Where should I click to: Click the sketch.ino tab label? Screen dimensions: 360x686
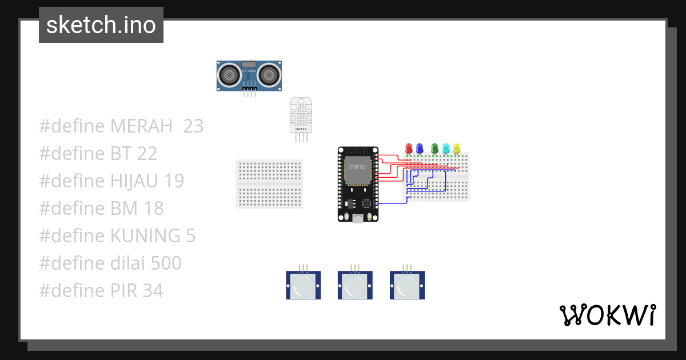pyautogui.click(x=101, y=25)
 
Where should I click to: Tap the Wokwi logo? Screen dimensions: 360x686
pyautogui.click(x=607, y=315)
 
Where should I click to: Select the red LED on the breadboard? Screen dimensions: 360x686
pyautogui.click(x=408, y=149)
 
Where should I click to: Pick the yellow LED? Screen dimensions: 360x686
pyautogui.click(x=456, y=149)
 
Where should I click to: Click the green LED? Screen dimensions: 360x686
pyautogui.click(x=434, y=149)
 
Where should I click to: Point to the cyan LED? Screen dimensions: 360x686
pyautogui.click(x=446, y=149)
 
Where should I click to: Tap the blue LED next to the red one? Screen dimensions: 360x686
pyautogui.click(x=420, y=149)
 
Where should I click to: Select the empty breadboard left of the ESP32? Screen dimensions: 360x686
pyautogui.click(x=269, y=184)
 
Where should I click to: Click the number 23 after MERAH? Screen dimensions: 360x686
pyautogui.click(x=193, y=126)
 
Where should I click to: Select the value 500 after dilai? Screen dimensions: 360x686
pyautogui.click(x=166, y=263)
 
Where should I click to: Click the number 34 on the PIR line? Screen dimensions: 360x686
pyautogui.click(x=153, y=291)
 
